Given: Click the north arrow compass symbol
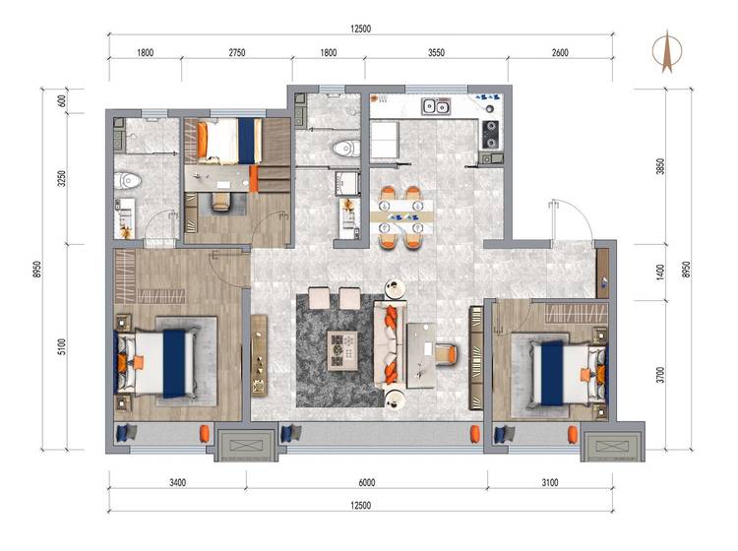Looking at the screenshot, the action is (x=667, y=51).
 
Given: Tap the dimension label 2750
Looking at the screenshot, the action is (x=237, y=53).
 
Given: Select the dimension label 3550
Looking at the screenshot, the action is (x=436, y=53).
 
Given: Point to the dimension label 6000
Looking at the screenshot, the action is (x=367, y=482).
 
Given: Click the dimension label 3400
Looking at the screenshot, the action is (x=177, y=482).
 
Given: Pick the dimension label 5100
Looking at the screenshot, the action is (x=61, y=347).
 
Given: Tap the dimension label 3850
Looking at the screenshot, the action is (x=660, y=166).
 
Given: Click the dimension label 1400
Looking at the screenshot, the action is (x=660, y=273).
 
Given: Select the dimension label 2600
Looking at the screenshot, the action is (x=560, y=53).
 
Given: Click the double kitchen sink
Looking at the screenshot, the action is (x=436, y=107).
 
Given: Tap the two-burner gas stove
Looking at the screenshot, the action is (x=490, y=135).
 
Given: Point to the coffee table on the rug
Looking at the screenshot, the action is (x=342, y=350).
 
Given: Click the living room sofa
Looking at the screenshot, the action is (x=390, y=345).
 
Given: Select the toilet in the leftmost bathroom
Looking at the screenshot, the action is (x=127, y=180).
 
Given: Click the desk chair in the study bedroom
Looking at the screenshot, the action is (x=221, y=202).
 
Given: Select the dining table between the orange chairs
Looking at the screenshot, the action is (x=401, y=216).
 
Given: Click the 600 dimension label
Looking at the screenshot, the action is (x=61, y=100).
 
